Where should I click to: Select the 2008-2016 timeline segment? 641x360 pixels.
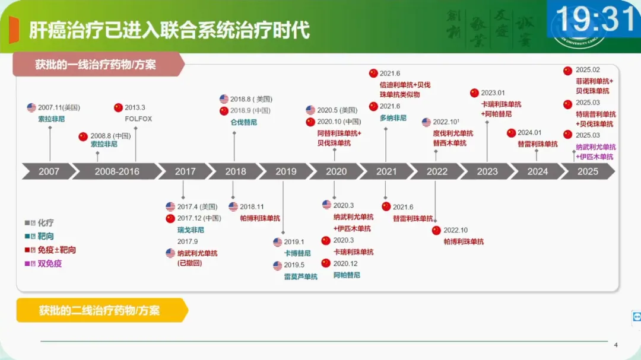point(117,171)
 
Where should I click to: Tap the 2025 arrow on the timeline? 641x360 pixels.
point(588,171)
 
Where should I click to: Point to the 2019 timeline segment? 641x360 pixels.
point(286,171)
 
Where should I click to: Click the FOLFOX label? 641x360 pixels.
point(138,119)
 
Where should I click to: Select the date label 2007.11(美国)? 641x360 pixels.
point(59,107)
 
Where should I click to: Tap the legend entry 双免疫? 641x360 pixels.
point(49,263)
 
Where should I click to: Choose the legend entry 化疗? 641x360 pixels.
point(46,223)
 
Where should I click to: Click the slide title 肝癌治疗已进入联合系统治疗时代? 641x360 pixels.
point(169,30)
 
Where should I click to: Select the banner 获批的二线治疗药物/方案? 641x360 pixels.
point(99,310)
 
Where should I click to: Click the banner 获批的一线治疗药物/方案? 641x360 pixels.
point(95,64)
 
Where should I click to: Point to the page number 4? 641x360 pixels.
point(615,345)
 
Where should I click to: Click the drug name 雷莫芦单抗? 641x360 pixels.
point(300,276)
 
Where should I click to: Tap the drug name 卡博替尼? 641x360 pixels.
point(297,253)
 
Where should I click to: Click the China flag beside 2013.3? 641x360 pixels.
point(118,107)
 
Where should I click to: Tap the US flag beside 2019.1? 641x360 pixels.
point(278,242)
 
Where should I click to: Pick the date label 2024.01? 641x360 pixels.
point(529,133)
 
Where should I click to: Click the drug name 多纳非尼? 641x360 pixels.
point(393,118)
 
